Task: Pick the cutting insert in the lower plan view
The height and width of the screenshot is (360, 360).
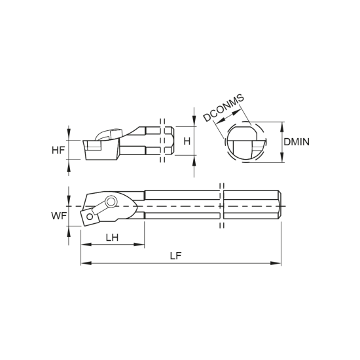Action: tap(90, 215)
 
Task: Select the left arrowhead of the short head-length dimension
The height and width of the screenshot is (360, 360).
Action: tap(90, 248)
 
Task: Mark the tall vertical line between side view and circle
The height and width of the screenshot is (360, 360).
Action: tap(190, 141)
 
